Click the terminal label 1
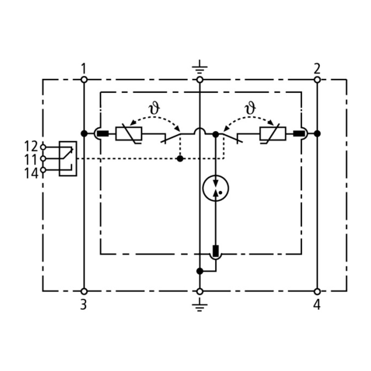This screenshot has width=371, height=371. tap(83, 68)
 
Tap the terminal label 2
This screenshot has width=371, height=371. tap(317, 68)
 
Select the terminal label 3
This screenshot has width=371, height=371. tap(83, 305)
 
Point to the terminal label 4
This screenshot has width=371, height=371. tap(317, 305)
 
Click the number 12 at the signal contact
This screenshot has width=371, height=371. tap(31, 146)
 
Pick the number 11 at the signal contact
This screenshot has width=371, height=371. tap(31, 160)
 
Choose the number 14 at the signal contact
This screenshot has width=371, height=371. tap(31, 173)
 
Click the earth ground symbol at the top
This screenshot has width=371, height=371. tap(200, 67)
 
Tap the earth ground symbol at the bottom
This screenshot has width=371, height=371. tap(200, 305)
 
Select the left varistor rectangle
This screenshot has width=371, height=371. tap(129, 134)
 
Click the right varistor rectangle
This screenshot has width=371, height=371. tap(273, 134)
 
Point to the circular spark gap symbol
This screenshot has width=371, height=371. tap(216, 188)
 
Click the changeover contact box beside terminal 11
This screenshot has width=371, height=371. tap(68, 159)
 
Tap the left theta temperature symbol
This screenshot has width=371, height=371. tap(154, 108)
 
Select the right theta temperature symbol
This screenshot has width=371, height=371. tap(250, 108)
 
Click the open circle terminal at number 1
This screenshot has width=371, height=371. tap(84, 80)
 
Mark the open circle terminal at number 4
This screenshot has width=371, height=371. tap(317, 291)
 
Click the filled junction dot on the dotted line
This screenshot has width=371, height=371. tap(180, 159)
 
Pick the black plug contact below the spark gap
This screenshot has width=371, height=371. tap(216, 251)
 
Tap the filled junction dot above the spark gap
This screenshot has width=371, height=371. tap(216, 134)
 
